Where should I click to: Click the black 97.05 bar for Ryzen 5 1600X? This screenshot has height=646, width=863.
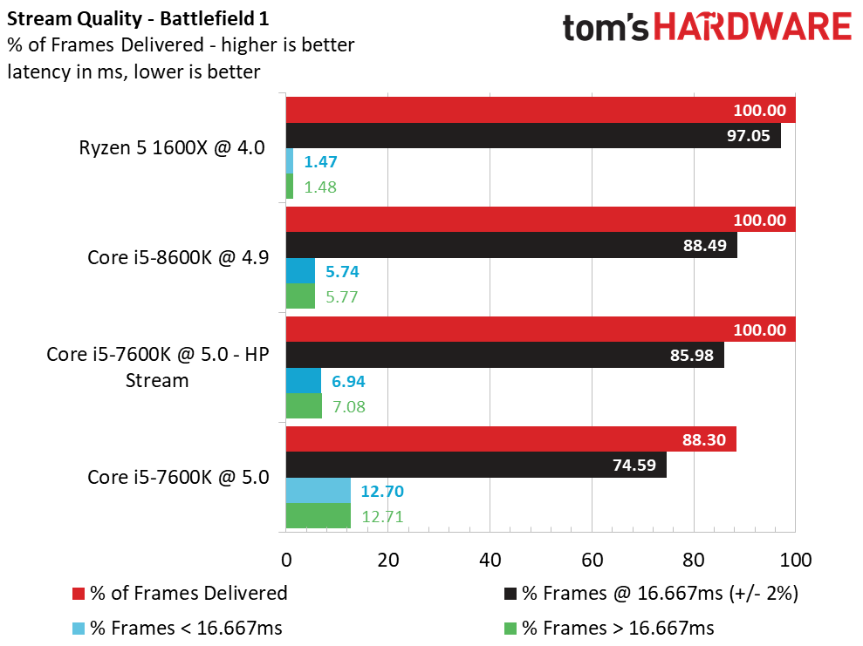pos(533,135)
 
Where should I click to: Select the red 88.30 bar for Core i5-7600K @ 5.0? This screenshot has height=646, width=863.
pos(510,439)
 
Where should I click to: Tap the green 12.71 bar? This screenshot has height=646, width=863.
pos(318,516)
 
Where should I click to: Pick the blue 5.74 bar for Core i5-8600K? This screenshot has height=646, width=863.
pos(300,270)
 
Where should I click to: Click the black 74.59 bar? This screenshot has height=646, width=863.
pos(476,465)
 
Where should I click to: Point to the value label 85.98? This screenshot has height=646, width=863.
pos(691,355)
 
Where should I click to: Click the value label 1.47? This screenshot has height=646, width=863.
pos(320,161)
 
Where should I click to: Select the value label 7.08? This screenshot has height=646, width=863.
pos(349,407)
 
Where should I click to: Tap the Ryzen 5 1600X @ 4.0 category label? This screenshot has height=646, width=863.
pos(172,147)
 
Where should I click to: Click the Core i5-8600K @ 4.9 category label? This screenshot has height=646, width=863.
pos(178,257)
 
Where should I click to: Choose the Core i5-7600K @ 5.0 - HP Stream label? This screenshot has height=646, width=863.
pos(157,367)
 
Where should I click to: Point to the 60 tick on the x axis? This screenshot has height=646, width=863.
pos(592,560)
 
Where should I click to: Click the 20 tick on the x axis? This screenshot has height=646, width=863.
pos(387,560)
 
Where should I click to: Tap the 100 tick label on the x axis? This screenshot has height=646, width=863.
pos(795,560)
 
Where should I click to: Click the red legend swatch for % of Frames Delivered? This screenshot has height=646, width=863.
pos(79,594)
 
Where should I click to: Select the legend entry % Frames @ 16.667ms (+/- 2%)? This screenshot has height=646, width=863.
pos(651,593)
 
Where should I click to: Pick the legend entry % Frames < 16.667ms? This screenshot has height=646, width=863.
pos(177,628)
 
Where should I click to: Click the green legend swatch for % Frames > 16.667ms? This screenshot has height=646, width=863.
pos(510,628)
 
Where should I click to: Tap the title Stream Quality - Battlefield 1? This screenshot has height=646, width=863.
pos(138,18)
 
